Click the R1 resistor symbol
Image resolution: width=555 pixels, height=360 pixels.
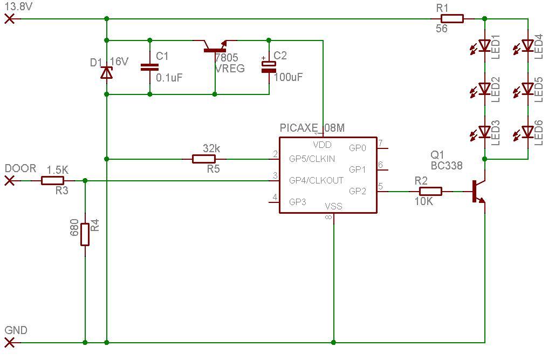click(452, 19)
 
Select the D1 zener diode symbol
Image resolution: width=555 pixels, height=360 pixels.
click(107, 73)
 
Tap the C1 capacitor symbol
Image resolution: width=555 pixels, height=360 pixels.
click(150, 67)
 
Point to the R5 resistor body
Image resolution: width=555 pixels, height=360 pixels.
click(203, 159)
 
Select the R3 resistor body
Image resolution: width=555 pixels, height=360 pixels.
click(52, 181)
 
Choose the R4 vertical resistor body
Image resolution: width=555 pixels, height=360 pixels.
click(85, 234)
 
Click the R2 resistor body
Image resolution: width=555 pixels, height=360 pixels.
click(430, 192)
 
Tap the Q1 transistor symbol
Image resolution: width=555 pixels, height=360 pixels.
click(478, 192)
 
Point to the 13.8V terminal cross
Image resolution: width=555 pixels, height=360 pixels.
click(10, 19)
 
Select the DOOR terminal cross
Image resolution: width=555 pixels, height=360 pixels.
click(10, 181)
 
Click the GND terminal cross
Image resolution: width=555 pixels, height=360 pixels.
click(10, 343)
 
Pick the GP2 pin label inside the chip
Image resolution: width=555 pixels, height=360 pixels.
click(358, 192)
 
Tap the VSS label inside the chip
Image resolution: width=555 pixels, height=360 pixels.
click(333, 206)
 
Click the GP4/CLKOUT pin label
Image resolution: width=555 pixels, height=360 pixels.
click(316, 180)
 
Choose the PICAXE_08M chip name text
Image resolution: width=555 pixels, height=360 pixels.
click(312, 128)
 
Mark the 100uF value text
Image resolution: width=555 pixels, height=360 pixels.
click(288, 77)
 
